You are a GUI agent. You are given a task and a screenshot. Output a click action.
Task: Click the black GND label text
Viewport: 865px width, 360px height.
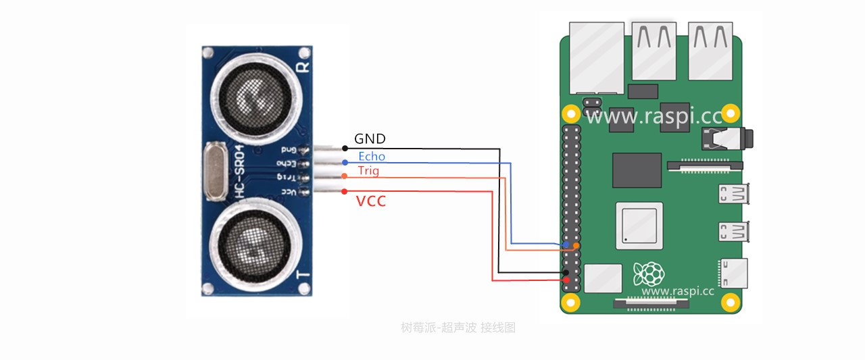point(370,139)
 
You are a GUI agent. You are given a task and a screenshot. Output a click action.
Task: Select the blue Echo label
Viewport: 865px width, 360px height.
point(372,157)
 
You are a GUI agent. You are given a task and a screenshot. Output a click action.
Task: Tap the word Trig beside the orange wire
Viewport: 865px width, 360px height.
point(368,171)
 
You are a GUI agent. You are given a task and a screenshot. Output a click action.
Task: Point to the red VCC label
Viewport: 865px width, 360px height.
point(371,201)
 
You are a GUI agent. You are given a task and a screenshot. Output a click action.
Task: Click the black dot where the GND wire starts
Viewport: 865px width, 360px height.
point(345,148)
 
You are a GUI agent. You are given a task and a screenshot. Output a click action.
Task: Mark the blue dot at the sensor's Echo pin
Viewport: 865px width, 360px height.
point(345,163)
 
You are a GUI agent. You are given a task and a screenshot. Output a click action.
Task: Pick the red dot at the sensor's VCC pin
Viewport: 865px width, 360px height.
point(345,191)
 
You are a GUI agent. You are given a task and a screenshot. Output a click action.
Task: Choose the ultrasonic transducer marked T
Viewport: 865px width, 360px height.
point(251,242)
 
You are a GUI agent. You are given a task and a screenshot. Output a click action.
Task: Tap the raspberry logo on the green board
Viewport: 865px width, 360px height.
point(647,273)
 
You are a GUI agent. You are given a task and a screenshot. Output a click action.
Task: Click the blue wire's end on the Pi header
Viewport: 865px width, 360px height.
point(566,245)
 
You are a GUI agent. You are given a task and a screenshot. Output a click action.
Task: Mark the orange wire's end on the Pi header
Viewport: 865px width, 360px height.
point(576,245)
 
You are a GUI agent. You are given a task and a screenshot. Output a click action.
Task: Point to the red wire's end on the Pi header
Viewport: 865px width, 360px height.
point(566,280)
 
